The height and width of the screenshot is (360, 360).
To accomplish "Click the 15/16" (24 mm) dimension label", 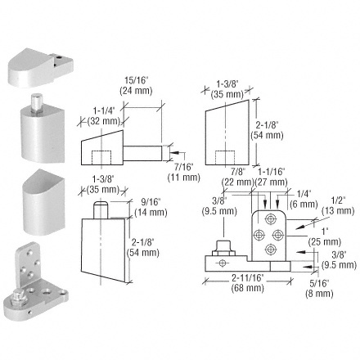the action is pyautogui.click(x=136, y=86).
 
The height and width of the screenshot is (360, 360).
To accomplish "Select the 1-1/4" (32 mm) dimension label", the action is pyautogui.click(x=104, y=116).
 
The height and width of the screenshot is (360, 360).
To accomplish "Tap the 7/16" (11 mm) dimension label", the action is pyautogui.click(x=184, y=173).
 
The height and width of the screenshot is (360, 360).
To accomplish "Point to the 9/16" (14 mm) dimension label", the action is pyautogui.click(x=151, y=207).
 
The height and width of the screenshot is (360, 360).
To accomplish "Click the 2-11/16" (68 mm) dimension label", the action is pyautogui.click(x=248, y=283).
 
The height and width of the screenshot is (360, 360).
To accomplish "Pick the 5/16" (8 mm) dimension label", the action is pyautogui.click(x=319, y=288).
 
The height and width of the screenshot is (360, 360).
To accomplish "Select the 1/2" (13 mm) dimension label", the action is pyautogui.click(x=338, y=205).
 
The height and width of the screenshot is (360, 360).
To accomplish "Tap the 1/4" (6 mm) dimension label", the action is pyautogui.click(x=304, y=199).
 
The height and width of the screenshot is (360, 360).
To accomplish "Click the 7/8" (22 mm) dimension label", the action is pyautogui.click(x=238, y=177).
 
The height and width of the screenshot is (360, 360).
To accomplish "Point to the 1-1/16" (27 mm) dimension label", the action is pyautogui.click(x=271, y=177).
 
